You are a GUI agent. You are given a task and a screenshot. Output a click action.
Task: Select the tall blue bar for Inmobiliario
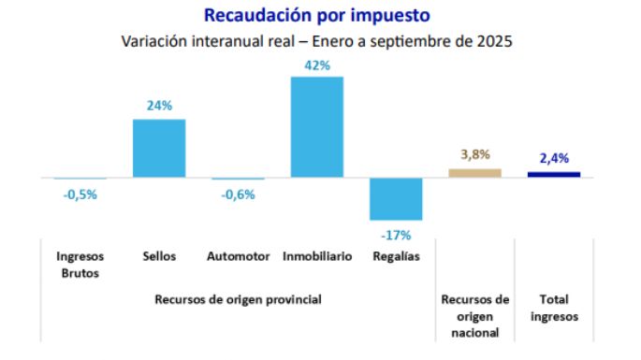316,127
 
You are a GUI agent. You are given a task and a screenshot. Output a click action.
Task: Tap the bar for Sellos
159,149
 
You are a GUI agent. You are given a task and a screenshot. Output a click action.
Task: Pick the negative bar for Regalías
396,198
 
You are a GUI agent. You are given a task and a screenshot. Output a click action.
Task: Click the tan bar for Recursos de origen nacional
474,173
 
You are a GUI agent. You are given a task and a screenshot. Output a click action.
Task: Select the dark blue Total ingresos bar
554,174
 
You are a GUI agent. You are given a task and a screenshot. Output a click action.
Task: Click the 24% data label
159,106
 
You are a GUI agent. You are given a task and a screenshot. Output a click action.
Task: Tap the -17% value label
396,234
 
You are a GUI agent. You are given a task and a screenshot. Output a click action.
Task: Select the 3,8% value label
474,154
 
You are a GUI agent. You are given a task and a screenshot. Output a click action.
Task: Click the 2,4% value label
554,158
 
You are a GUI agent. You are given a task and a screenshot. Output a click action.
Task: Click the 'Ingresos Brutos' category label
80,265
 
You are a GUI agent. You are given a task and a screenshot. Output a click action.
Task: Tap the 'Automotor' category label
238,256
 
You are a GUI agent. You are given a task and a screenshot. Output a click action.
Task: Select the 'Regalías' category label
396,256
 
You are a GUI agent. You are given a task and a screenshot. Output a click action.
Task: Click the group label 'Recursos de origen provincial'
238,299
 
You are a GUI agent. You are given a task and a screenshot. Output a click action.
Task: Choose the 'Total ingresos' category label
554,308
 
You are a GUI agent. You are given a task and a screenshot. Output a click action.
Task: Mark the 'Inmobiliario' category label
317,256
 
